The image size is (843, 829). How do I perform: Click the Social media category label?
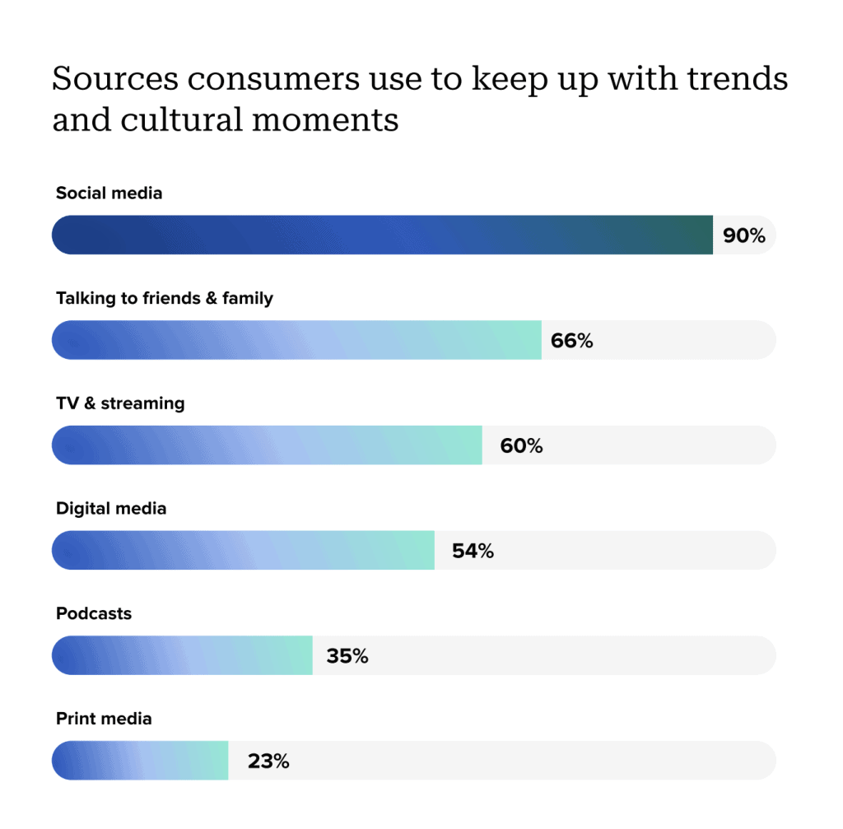click(x=109, y=193)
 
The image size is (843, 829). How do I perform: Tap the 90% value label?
click(x=744, y=235)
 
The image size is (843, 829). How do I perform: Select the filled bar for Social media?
click(x=382, y=235)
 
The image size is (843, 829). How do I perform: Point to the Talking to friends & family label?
click(x=164, y=298)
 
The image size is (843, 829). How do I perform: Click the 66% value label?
click(x=572, y=341)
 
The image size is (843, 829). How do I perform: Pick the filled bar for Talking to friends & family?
click(x=296, y=341)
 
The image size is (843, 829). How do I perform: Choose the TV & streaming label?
click(x=120, y=403)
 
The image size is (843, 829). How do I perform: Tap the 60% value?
click(x=521, y=446)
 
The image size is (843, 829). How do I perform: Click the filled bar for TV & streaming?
click(x=267, y=446)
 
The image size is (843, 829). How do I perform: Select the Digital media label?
click(x=111, y=509)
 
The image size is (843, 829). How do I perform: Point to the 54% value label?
click(x=473, y=552)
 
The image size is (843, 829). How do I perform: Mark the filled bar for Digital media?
click(x=243, y=551)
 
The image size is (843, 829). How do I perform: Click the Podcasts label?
click(x=94, y=613)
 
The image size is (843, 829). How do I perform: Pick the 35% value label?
click(x=347, y=657)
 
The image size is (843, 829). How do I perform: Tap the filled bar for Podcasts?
click(x=182, y=656)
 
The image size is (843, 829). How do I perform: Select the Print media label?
click(x=104, y=719)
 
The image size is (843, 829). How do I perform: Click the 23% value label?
click(x=268, y=761)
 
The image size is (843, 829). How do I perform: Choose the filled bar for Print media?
click(x=140, y=761)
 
